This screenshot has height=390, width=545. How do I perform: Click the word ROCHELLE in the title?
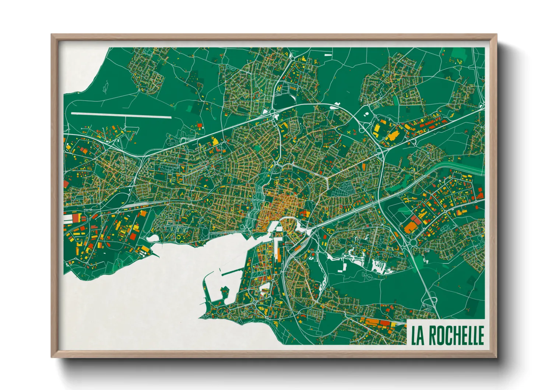(456, 335)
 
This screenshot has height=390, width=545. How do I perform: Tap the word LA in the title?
(418, 335)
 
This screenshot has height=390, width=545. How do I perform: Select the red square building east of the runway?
(200, 126)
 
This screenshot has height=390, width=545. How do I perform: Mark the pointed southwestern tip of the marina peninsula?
(201, 317)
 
